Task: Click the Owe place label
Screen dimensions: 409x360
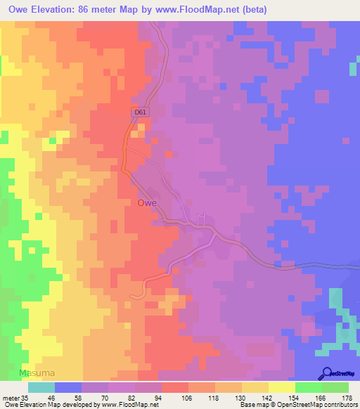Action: pos(146,203)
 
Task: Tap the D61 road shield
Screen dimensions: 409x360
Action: pos(141,112)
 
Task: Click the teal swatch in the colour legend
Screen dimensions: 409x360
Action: pos(41,387)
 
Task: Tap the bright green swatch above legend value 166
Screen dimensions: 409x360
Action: pos(308,387)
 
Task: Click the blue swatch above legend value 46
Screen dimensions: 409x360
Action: pos(67,387)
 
